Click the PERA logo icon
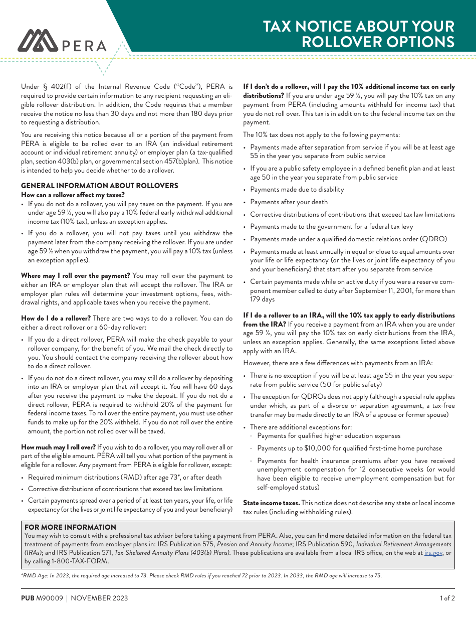click(x=38, y=41)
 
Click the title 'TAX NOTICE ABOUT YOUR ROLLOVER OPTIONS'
click(x=359, y=34)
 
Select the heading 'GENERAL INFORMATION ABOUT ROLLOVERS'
click(x=99, y=186)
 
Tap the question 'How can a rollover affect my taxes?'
click(x=73, y=195)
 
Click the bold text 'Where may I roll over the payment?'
click(x=75, y=275)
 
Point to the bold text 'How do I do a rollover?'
click(x=56, y=318)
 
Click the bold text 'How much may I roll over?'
click(x=58, y=447)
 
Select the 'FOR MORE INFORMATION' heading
click(x=70, y=527)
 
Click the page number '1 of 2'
click(x=447, y=598)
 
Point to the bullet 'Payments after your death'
click(x=289, y=202)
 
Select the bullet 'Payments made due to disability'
click(x=297, y=189)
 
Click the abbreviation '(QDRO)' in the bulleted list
click(x=432, y=239)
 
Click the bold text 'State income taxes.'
click(x=271, y=503)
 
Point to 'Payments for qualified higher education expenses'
click(x=329, y=436)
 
